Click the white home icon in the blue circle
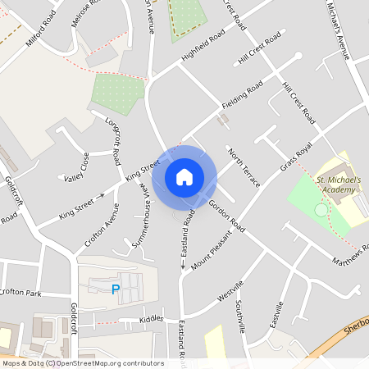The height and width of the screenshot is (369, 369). pos(184,176)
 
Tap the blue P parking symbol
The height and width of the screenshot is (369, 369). pos(116,289)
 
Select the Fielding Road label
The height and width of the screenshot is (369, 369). pos(242,95)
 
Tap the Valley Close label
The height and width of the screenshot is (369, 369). pos(75,166)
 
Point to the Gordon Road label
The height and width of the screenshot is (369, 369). pos(227,214)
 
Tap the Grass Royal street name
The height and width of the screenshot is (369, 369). pos(297,155)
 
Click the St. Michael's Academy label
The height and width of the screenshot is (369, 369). pos(338,184)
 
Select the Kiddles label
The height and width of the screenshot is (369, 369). pos(151,317)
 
